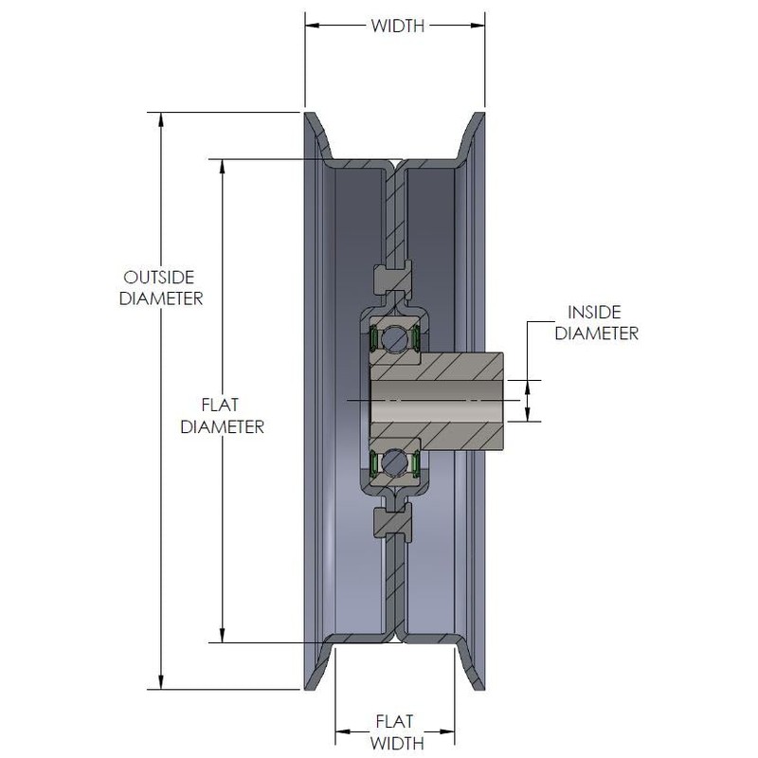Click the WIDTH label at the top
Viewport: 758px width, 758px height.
click(x=397, y=27)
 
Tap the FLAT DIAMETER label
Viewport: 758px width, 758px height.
click(x=222, y=417)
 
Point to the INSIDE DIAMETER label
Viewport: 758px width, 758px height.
click(x=596, y=322)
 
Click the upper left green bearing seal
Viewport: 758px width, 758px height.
click(x=375, y=337)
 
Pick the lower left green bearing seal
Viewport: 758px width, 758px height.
click(x=375, y=462)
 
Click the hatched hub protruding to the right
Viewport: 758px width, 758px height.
click(x=469, y=400)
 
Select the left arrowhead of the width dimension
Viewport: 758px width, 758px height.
click(x=312, y=27)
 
